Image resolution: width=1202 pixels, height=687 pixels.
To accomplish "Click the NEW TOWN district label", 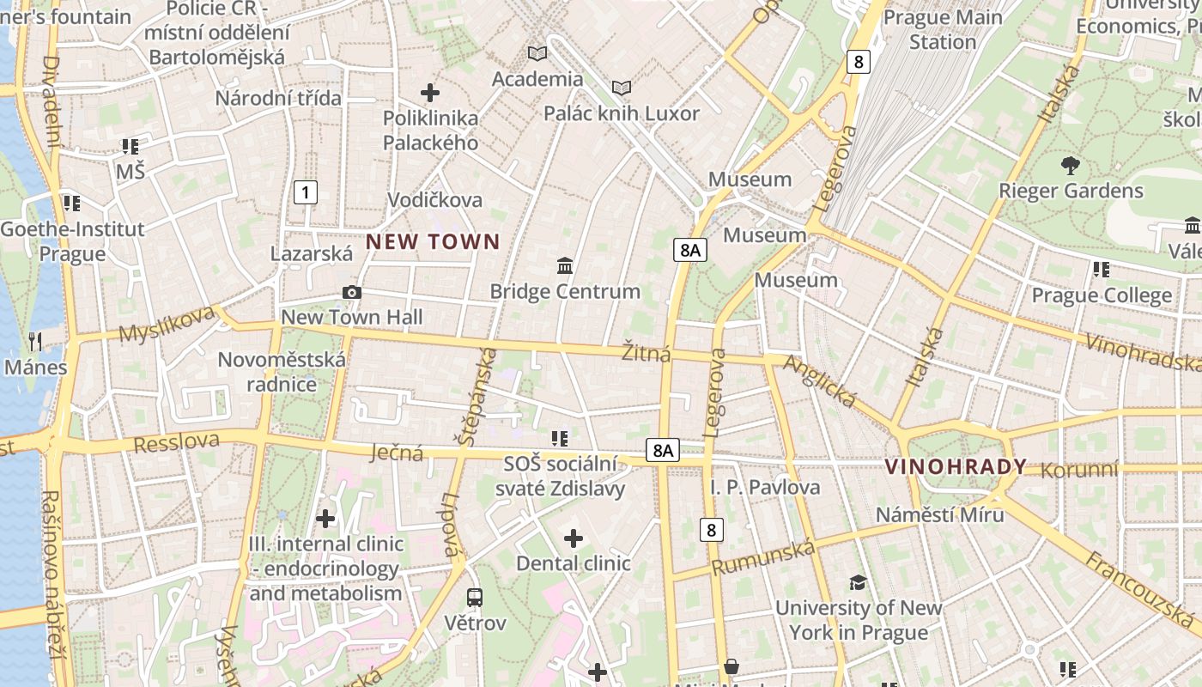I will pos(433,242).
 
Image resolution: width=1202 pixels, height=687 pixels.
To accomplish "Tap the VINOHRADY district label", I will pos(956,467).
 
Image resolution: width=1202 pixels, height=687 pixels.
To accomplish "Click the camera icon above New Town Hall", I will pos(351,293).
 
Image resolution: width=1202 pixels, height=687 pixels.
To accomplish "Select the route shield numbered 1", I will pos(305,192).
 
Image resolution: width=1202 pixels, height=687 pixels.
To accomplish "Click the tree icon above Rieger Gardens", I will pos(1070,165).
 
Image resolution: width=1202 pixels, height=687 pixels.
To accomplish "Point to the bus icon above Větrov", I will pos(475,597).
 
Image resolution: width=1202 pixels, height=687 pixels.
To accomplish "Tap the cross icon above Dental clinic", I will pos(574,539).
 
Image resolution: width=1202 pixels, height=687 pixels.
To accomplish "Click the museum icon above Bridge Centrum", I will pos(565,266).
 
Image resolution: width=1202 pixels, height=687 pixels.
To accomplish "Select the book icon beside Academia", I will pos(537,54).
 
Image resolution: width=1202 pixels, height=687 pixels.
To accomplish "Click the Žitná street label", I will pos(647,353).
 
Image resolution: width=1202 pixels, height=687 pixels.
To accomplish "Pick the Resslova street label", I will pos(176,443).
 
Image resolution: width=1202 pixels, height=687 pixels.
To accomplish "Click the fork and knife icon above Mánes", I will pos(35,342).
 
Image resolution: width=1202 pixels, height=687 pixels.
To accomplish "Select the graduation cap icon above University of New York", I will pos(858,583).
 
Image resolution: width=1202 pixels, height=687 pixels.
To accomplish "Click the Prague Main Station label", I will pos(943,29).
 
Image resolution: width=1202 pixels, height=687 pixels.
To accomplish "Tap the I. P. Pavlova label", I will pos(765,487).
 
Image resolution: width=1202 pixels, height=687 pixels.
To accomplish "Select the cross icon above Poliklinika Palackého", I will pos(430,92).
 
